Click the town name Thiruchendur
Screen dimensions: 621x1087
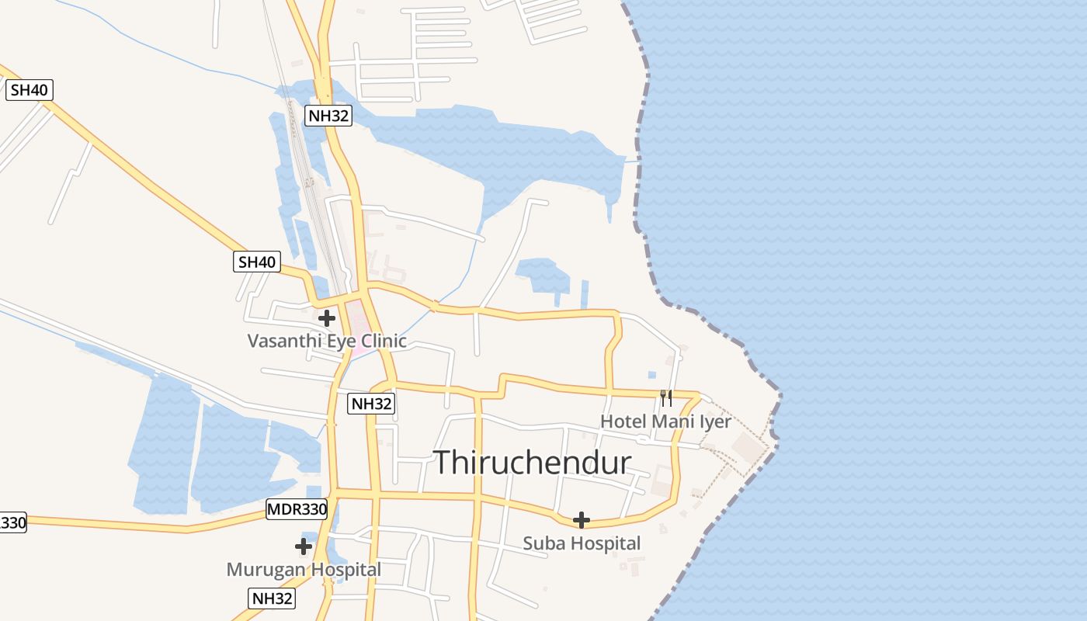(x=532, y=463)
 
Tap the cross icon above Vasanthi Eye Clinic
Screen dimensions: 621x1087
(x=327, y=317)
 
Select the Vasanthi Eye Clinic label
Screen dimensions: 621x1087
(x=327, y=341)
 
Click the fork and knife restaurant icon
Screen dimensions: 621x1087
(x=665, y=397)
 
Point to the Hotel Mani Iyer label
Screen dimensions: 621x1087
(x=665, y=422)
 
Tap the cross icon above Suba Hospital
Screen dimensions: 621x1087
(x=581, y=520)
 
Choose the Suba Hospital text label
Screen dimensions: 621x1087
(x=582, y=543)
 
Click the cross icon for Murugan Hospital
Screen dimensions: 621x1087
(x=304, y=546)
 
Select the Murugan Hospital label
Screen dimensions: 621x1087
(x=304, y=570)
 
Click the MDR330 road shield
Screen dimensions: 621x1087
(x=297, y=510)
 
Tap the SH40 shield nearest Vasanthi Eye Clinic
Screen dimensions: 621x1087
(x=257, y=262)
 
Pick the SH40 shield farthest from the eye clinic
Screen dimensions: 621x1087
(x=30, y=90)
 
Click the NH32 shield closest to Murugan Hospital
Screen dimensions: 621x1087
(x=273, y=598)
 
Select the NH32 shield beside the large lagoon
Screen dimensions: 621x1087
(x=328, y=116)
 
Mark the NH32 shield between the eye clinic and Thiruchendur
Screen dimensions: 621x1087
(x=371, y=404)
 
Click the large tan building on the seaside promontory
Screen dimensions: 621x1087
(x=747, y=446)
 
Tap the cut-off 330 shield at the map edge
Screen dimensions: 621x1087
(x=12, y=522)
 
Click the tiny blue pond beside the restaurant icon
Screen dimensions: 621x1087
(x=651, y=374)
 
